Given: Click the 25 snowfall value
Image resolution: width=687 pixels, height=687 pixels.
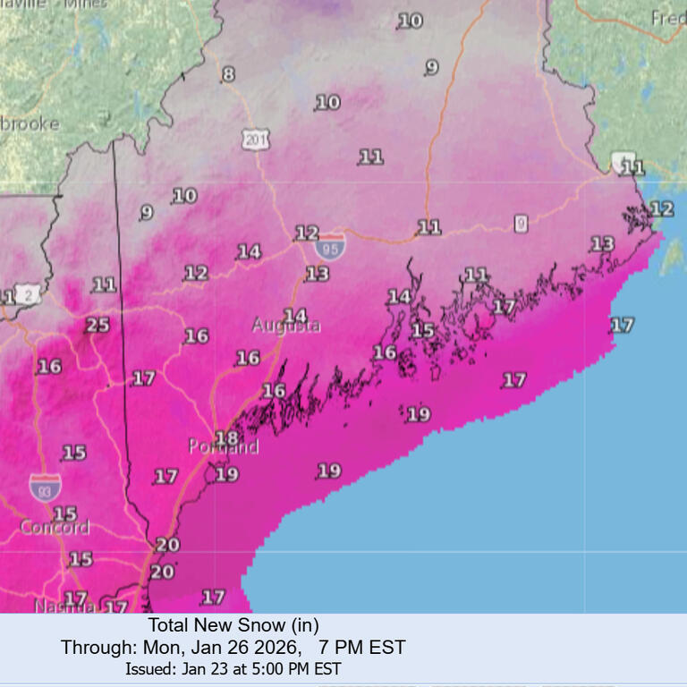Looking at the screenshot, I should (x=98, y=325).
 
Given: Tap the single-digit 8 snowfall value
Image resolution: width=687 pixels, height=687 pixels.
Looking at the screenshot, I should (x=228, y=74).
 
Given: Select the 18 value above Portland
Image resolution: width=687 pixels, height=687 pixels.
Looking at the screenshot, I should (x=226, y=438).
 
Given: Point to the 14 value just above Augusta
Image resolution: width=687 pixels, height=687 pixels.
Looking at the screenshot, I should (x=294, y=315).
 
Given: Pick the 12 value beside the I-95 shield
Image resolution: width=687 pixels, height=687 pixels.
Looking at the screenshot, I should (x=307, y=232).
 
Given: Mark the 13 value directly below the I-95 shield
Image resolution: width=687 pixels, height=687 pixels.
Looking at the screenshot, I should (x=318, y=274).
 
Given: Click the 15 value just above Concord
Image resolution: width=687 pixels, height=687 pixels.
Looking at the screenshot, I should (x=64, y=513).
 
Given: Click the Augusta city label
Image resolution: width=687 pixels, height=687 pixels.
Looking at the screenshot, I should (x=286, y=327).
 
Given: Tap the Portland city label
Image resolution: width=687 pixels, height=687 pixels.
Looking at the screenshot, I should (x=223, y=446).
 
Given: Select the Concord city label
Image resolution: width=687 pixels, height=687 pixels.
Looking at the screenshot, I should (x=55, y=528).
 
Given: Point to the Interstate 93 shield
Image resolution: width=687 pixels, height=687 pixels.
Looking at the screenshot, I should (x=45, y=487).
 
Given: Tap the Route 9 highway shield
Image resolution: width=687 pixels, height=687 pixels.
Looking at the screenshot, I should (x=521, y=224).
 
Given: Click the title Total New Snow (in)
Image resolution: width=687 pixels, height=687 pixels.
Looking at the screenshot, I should (x=233, y=625).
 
